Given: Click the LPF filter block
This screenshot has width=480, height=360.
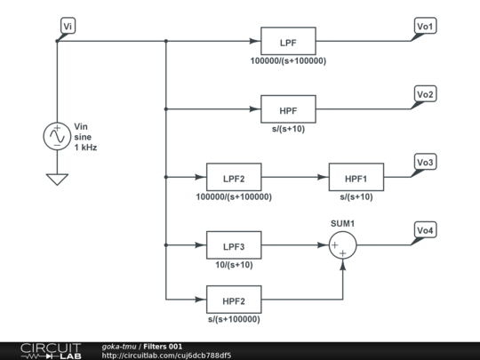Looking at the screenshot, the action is (288, 41).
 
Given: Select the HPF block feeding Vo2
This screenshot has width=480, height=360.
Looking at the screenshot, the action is (288, 109).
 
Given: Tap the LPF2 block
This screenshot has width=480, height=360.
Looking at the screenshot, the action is (234, 177).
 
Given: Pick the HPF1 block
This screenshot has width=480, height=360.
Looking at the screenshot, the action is (356, 177).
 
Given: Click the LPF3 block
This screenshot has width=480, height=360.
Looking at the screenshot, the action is (234, 245).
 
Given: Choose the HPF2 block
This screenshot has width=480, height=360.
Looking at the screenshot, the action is (234, 300).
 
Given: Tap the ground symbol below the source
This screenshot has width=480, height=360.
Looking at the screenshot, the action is (57, 179).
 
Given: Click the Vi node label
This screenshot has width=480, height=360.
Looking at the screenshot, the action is (68, 26).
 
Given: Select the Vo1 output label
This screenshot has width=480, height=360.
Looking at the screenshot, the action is (425, 26).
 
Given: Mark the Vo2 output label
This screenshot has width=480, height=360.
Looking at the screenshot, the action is (425, 94).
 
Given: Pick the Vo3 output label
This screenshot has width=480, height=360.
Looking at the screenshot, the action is (425, 162).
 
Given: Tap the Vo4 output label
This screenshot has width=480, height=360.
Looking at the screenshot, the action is (425, 230).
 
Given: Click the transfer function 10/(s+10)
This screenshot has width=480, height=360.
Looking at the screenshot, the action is (234, 265).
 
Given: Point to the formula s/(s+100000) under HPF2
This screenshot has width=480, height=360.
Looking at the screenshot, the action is (234, 319).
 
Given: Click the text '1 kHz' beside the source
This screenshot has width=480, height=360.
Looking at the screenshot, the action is (85, 148).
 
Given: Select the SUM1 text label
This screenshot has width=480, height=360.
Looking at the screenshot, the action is (342, 224).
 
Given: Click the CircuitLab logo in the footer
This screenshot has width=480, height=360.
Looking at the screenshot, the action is (51, 351).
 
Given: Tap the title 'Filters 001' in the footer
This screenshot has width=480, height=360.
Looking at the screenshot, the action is (163, 347).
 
